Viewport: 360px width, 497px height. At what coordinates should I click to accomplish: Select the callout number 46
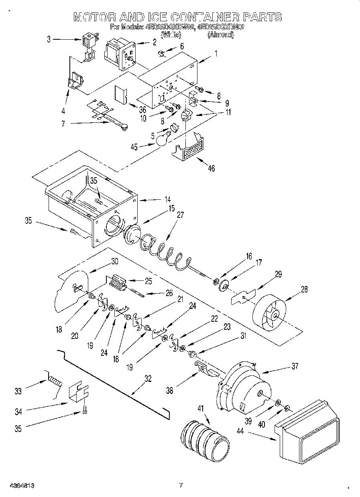pyautogui.click(x=211, y=168)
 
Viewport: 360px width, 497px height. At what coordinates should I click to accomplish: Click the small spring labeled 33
pyautogui.click(x=55, y=379)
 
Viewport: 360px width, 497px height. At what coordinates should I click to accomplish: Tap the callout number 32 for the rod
pyautogui.click(x=148, y=379)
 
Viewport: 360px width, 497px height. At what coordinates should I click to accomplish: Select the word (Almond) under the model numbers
pyautogui.click(x=220, y=35)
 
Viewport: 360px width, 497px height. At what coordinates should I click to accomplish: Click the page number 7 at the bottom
pyautogui.click(x=181, y=485)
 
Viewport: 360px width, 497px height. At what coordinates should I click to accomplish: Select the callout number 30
pyautogui.click(x=114, y=261)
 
